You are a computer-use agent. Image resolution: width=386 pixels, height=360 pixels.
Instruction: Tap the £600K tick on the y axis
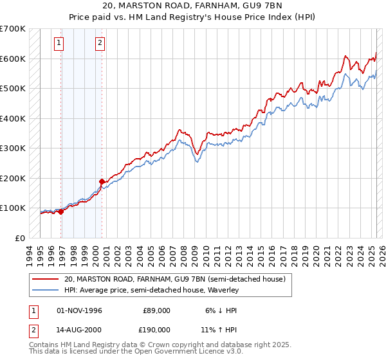pos(12,59)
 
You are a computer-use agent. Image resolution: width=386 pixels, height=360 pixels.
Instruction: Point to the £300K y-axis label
pos(12,148)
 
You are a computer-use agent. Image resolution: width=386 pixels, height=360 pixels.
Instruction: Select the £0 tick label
pos(20,238)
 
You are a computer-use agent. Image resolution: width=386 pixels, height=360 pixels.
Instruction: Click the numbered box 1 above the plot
pos(59,44)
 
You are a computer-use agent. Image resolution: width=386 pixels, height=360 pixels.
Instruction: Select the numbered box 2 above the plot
pos(100,44)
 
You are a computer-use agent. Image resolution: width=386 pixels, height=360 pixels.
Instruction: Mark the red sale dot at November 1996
pos(61,212)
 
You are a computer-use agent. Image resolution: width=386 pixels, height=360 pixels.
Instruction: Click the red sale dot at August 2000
pos(102,181)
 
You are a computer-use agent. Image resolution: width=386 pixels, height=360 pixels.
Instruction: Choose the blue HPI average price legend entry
pos(151,291)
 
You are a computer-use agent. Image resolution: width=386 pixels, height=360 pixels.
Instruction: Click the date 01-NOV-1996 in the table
pos(80,310)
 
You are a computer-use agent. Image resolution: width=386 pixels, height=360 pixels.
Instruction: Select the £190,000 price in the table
pos(156,332)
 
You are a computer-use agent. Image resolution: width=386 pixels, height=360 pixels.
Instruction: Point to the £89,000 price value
pos(156,310)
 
